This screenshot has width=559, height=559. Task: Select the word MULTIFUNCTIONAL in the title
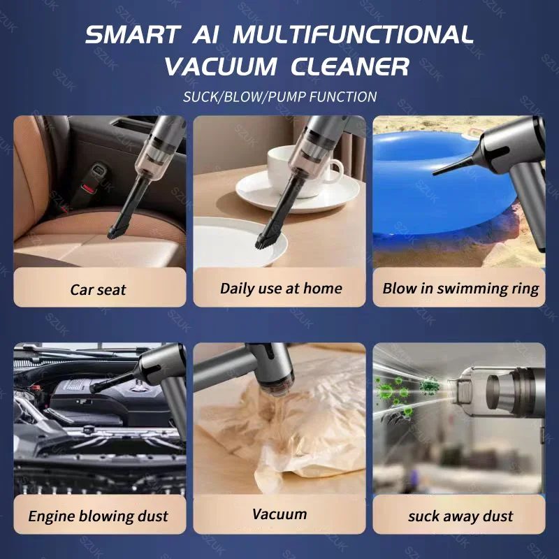353,35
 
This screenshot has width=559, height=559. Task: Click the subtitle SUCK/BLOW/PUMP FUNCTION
279,97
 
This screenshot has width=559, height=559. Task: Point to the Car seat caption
99,289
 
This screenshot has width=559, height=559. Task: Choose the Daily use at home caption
281,288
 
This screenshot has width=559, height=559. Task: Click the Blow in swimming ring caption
460,288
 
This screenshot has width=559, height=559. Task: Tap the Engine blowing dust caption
99,517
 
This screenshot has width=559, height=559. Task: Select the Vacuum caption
279,514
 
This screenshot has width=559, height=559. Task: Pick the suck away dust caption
460,517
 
